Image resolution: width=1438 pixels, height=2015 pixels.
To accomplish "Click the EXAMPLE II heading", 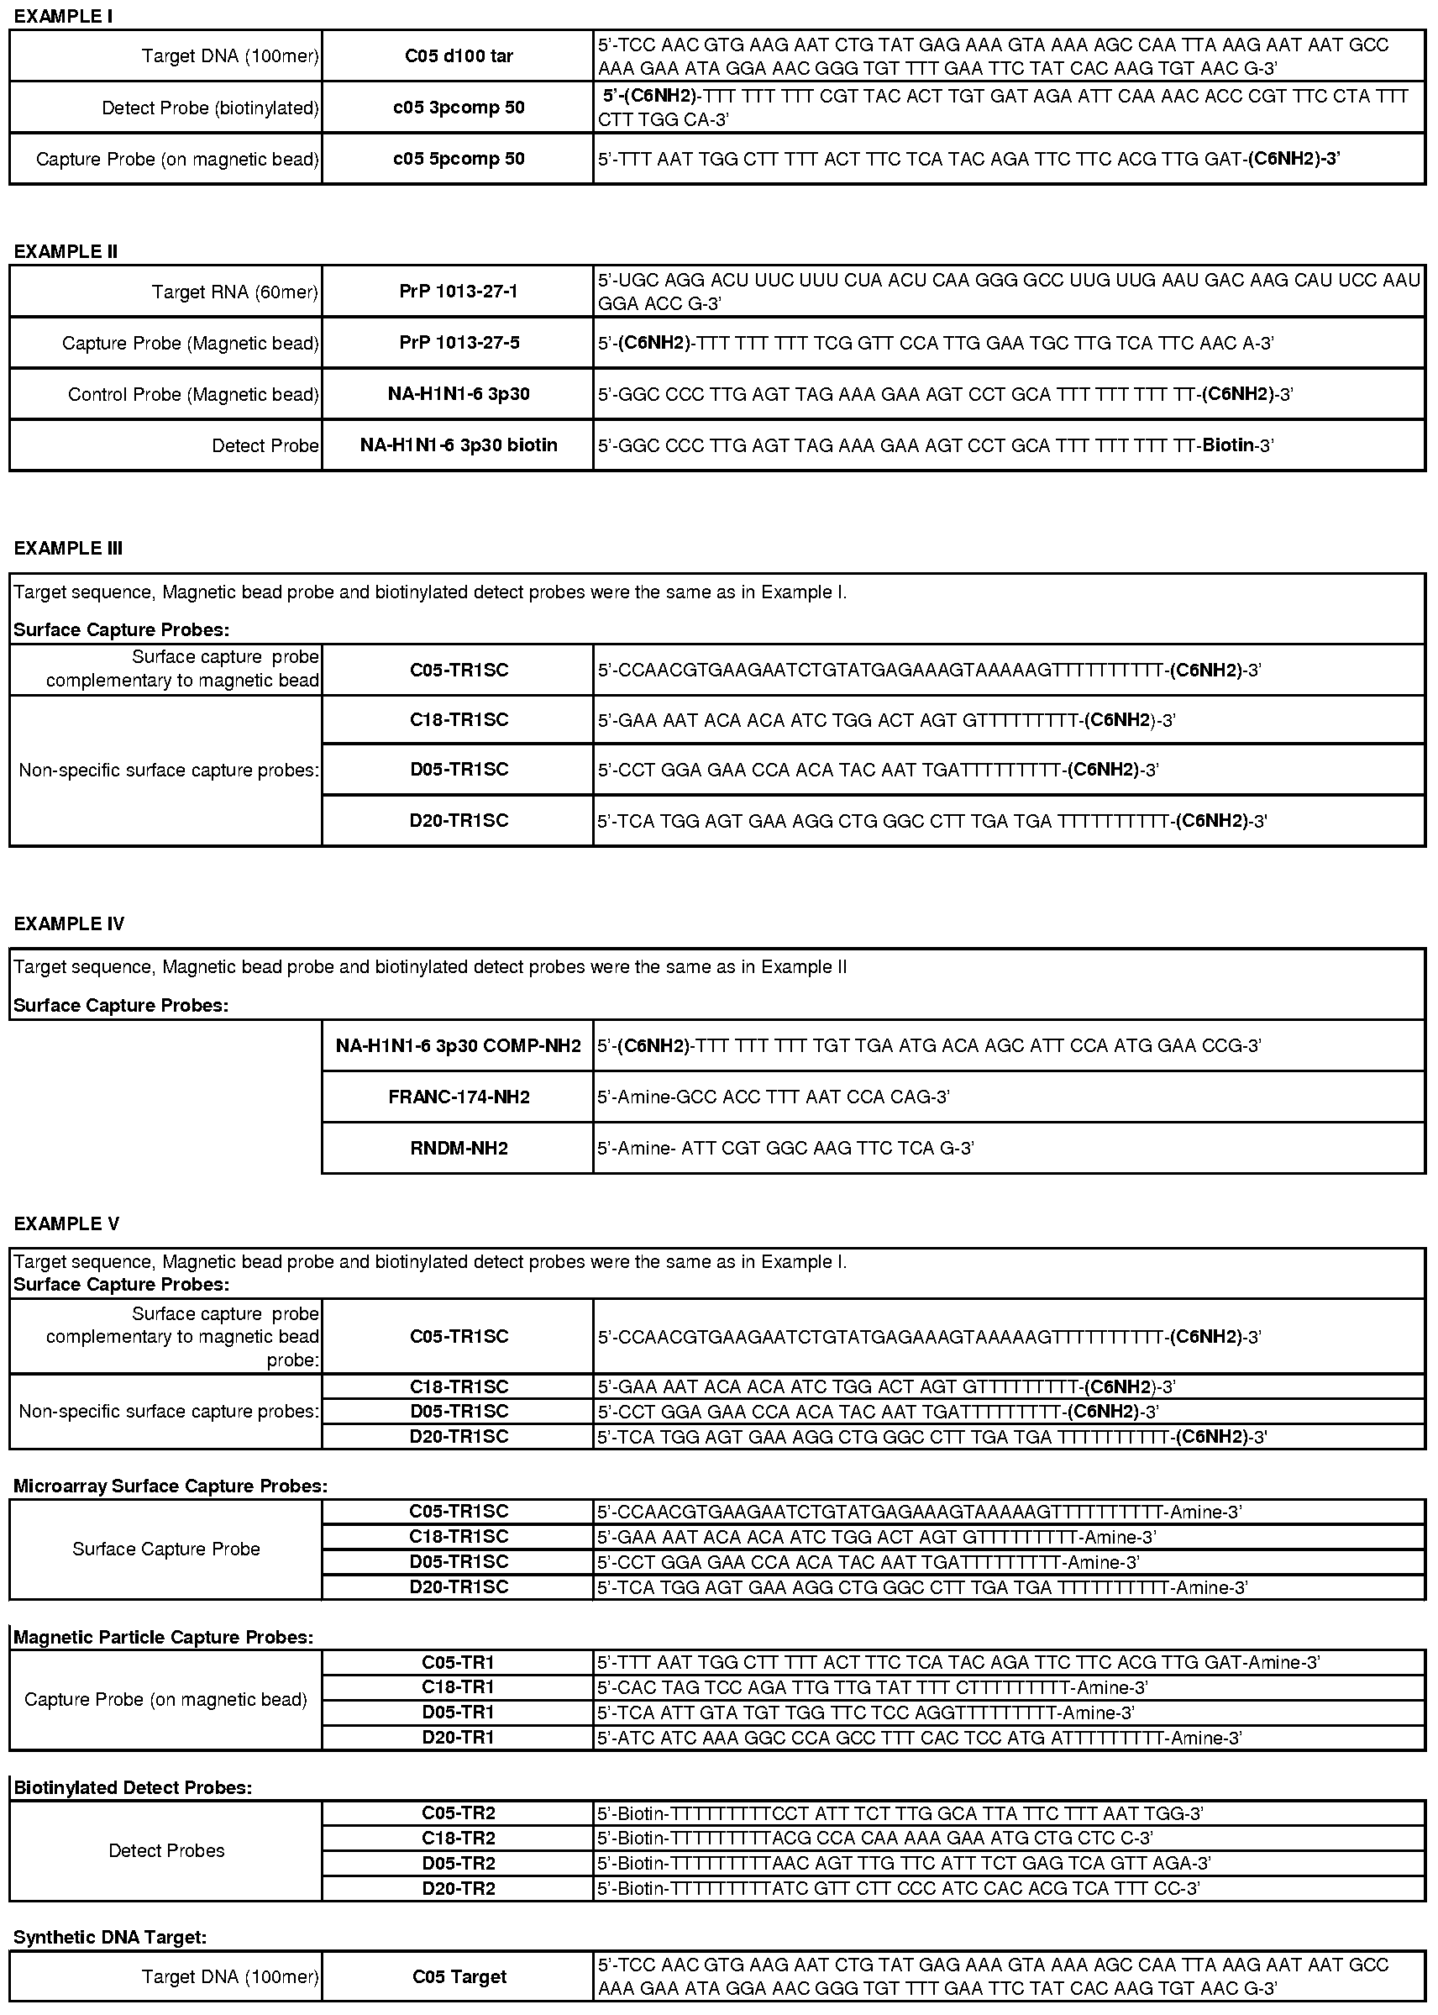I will (x=66, y=251).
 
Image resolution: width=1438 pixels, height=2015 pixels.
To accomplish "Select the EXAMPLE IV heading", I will (x=69, y=923).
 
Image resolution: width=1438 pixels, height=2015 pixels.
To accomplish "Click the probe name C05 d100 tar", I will (x=459, y=55).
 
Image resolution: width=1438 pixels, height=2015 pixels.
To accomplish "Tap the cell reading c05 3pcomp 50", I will (x=459, y=108).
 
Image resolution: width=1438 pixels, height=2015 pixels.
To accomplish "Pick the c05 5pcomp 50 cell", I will (x=459, y=159).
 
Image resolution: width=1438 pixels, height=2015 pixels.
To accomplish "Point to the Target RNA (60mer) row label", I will (x=234, y=292).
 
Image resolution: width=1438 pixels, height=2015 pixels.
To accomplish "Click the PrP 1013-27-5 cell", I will (x=459, y=343).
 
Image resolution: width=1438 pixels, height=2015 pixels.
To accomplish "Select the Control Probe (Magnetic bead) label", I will (x=193, y=394).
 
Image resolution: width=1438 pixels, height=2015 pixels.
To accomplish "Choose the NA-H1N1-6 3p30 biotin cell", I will (x=459, y=445).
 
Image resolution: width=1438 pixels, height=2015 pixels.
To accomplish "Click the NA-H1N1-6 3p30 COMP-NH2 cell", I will (x=459, y=1046).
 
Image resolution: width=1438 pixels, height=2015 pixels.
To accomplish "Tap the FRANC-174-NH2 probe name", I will (x=459, y=1097).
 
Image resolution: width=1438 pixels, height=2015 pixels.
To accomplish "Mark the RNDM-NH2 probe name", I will (x=459, y=1149).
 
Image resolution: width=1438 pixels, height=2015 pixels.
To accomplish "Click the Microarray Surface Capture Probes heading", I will (x=170, y=1486).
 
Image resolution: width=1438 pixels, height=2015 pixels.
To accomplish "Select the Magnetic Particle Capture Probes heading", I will (x=163, y=1638).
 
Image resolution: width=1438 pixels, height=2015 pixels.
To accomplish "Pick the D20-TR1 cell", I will (x=459, y=1738).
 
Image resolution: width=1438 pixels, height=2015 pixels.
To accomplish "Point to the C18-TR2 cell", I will (x=459, y=1838).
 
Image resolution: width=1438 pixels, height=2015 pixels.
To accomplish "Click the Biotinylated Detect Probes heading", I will (x=133, y=1788).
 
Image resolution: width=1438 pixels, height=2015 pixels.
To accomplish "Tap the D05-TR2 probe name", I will (x=459, y=1864).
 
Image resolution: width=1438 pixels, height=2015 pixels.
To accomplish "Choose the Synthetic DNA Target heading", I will (x=110, y=1937).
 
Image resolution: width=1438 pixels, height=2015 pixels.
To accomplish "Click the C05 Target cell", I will (x=459, y=1977).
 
